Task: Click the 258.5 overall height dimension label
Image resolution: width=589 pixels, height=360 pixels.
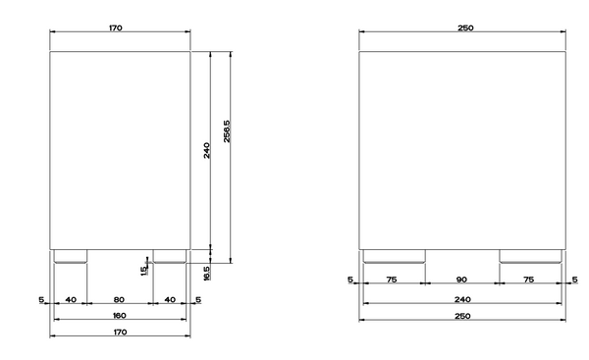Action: point(227,131)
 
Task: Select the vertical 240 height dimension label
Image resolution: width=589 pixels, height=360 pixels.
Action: point(206,150)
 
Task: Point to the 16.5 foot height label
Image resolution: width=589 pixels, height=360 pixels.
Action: point(206,273)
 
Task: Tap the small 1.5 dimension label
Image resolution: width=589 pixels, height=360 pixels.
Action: point(143,271)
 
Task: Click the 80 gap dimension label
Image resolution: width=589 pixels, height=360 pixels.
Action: point(119,299)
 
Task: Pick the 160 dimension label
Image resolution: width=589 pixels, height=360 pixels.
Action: point(120,315)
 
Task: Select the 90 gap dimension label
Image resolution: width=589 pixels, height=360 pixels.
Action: point(461,280)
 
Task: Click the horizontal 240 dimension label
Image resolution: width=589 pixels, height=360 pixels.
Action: point(462,299)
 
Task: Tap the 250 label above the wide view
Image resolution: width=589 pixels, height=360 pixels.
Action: point(465,27)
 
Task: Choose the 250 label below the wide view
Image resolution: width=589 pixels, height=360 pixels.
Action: point(462,316)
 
